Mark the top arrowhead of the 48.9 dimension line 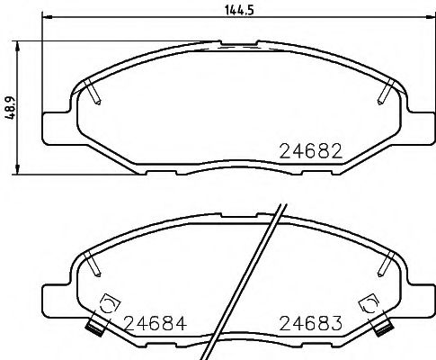pos(19,43)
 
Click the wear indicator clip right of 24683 pos(369,303)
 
